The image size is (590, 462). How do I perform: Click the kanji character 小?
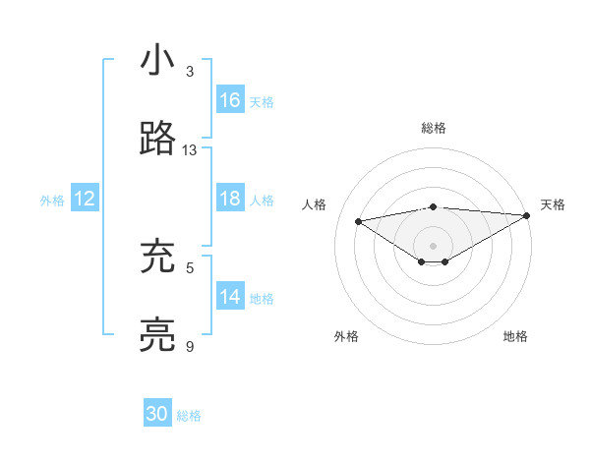[x=157, y=61]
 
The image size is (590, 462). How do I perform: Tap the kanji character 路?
[x=157, y=140]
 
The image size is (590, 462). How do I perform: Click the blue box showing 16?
[x=230, y=100]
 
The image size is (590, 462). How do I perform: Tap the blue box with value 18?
[x=230, y=200]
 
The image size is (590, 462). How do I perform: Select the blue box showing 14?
[x=230, y=297]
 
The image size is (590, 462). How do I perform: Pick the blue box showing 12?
[x=85, y=200]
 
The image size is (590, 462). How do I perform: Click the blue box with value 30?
[x=157, y=414]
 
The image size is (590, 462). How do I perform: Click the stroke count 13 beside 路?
[x=190, y=150]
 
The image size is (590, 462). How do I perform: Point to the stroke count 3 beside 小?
[x=190, y=72]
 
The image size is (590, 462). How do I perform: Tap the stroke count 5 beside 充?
[x=190, y=266]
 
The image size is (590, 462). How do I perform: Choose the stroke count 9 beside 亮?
[x=190, y=346]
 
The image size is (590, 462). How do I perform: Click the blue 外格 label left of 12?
[x=52, y=201]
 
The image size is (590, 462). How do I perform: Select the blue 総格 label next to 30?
[x=189, y=416]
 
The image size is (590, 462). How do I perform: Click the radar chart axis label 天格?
[x=553, y=204]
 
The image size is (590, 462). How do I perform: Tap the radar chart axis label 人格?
[x=315, y=204]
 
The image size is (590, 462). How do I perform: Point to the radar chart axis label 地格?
[x=515, y=336]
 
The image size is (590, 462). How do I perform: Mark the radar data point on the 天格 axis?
[x=527, y=214]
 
